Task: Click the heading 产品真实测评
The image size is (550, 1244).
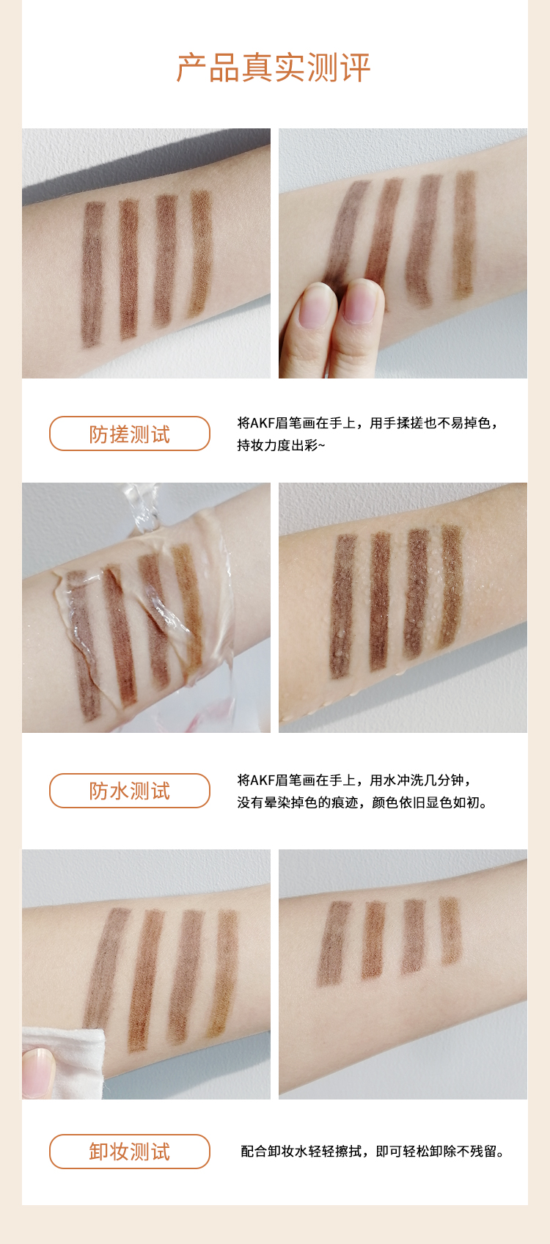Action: click(x=274, y=68)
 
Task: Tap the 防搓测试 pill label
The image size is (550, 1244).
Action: click(x=130, y=433)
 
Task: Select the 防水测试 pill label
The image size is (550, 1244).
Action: click(x=130, y=791)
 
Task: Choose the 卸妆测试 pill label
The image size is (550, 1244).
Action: click(x=130, y=1152)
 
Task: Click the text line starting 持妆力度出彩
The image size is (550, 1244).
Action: click(x=281, y=445)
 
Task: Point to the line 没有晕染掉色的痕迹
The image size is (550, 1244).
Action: click(x=363, y=803)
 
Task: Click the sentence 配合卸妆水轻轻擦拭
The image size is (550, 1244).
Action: click(x=373, y=1152)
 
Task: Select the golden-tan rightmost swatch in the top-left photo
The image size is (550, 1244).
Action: click(x=200, y=252)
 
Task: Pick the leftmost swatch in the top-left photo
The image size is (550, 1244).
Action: click(x=92, y=274)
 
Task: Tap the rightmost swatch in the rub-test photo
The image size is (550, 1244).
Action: click(x=465, y=235)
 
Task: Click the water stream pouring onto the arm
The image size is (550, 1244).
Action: click(x=142, y=508)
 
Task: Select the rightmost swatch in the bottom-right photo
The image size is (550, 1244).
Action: click(x=450, y=929)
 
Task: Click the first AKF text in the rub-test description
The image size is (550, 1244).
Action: click(x=263, y=423)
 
